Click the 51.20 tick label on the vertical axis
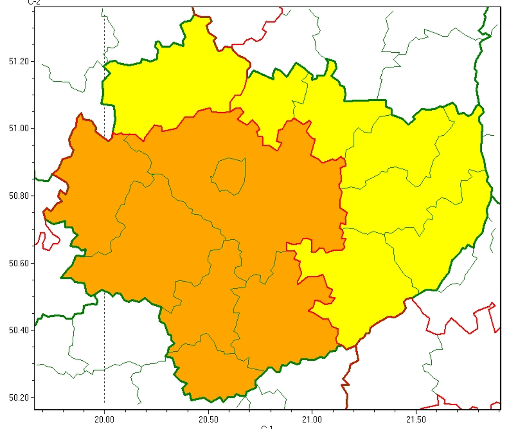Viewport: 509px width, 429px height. (18, 61)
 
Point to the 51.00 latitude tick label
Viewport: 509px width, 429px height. (18, 129)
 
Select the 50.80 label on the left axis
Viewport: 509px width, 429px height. (18, 196)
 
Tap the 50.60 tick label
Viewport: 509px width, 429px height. (18, 263)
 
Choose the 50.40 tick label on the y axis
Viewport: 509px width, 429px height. (18, 331)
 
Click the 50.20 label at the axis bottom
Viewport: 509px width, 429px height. (18, 398)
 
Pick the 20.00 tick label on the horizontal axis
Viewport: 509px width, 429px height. (104, 419)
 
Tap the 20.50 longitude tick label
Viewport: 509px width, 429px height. (208, 419)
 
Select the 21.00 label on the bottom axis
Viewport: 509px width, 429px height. (312, 419)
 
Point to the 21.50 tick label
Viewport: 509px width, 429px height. (416, 419)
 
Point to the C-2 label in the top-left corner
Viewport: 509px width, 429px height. (33, 3)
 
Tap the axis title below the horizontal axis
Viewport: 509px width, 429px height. (267, 427)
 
